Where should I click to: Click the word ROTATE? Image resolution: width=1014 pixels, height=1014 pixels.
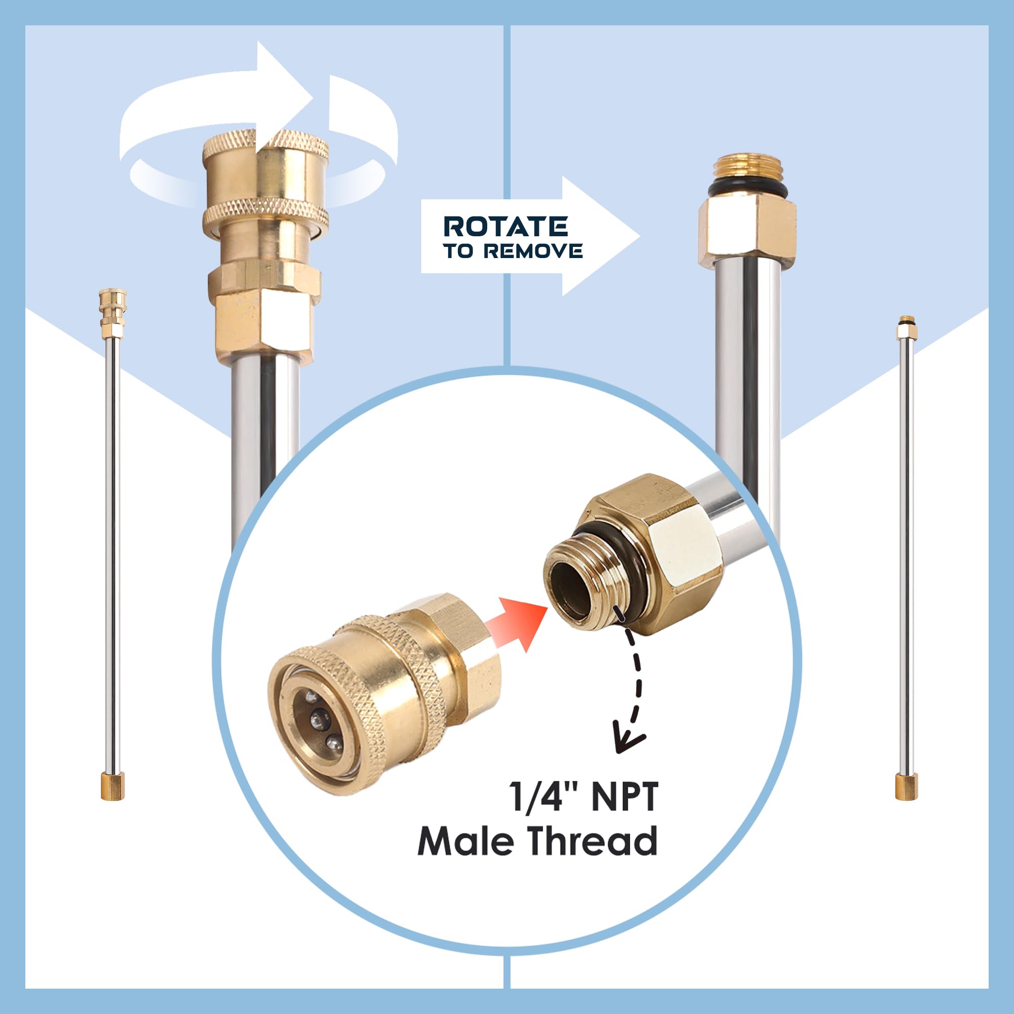(x=505, y=226)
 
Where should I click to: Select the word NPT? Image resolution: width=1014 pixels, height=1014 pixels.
(x=625, y=804)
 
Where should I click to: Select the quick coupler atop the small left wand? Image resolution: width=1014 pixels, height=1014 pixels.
(x=113, y=313)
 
